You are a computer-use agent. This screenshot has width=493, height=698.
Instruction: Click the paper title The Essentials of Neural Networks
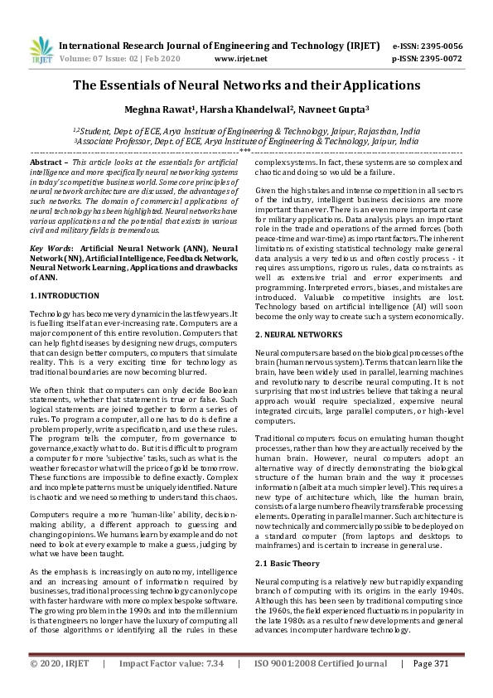(246, 85)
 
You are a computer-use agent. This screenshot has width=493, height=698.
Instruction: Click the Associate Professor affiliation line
(246, 142)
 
